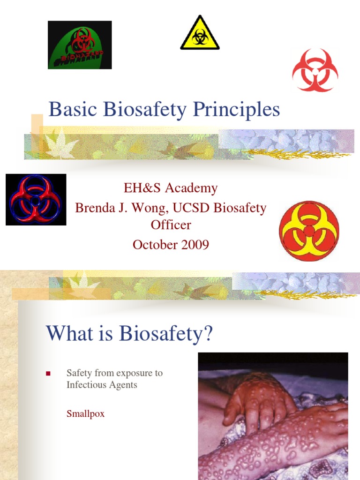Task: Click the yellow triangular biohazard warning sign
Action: (x=200, y=34)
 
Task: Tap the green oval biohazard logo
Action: (x=80, y=45)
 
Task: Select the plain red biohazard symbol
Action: (x=315, y=70)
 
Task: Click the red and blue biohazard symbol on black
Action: (x=36, y=200)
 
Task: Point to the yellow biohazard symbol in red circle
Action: (x=309, y=231)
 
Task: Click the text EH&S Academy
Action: (x=171, y=188)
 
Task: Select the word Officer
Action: (x=171, y=225)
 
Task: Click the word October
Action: (x=154, y=244)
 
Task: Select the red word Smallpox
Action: (x=85, y=414)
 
